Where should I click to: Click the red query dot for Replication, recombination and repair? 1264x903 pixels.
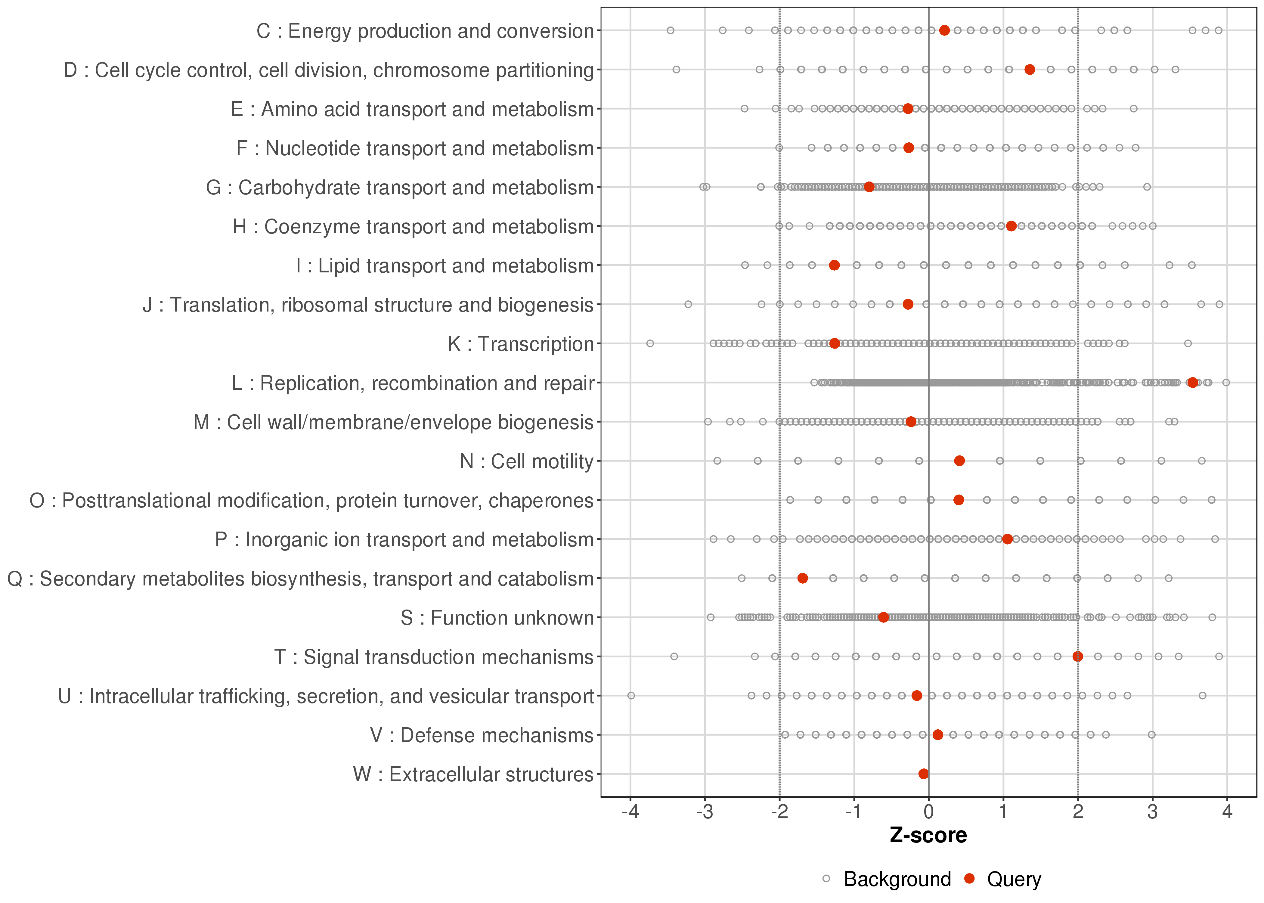(1192, 383)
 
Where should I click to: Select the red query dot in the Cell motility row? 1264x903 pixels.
(959, 461)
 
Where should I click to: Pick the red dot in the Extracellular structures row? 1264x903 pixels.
(923, 774)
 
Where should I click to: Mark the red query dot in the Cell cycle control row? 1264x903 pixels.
(1030, 70)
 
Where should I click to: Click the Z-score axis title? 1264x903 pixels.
(928, 836)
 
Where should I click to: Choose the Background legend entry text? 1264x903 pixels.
(897, 879)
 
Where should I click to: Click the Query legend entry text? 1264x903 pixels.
(1014, 879)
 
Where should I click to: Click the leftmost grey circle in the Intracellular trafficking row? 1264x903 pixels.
(631, 696)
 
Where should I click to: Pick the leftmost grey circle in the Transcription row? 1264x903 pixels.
(650, 344)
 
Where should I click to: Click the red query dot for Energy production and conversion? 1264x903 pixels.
(944, 31)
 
